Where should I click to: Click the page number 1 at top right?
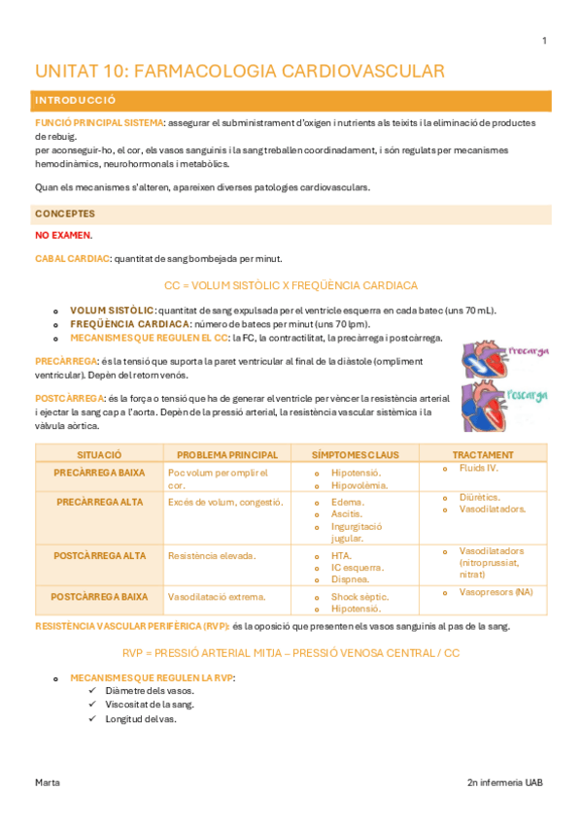coord(544,41)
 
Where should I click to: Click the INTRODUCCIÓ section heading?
coord(76,101)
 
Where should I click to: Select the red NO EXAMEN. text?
coord(63,235)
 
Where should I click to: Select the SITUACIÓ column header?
coord(99,454)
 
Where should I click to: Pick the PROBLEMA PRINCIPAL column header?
coord(227,454)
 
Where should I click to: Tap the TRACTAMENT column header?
coord(483,454)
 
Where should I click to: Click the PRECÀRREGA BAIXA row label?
coord(99,473)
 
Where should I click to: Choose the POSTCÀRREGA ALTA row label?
coord(101,556)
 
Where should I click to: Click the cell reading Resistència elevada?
coord(211,556)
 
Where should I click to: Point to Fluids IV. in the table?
coord(478,468)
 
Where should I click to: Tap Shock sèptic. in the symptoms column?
coord(359,597)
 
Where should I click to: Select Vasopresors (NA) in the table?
coord(496,592)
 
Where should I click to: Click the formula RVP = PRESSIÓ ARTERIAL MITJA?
coord(291,653)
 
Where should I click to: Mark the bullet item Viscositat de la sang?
coord(150,704)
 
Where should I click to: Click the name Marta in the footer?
coord(48,781)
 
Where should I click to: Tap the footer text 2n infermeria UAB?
coord(505,781)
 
